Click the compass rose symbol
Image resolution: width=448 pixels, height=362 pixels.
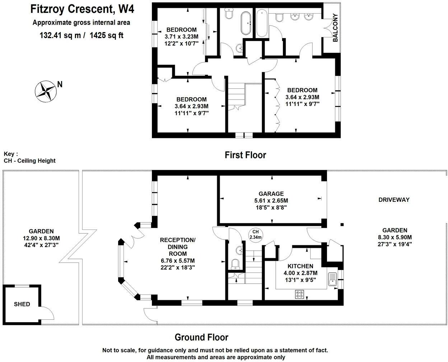[x=46, y=92]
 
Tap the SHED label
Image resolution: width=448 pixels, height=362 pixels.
[x=22, y=304]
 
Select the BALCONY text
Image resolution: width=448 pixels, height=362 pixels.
[x=335, y=28]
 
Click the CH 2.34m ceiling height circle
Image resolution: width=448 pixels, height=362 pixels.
[x=256, y=235]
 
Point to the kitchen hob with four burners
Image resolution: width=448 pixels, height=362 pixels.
[x=299, y=294]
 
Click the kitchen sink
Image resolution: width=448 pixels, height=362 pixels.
[x=332, y=279]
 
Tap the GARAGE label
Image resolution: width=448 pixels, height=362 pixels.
[x=271, y=194]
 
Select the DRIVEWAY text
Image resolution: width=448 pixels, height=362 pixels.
[x=394, y=200]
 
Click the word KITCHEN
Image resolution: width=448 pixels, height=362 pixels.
[x=300, y=266]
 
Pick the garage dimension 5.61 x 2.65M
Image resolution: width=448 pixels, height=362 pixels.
[x=271, y=201]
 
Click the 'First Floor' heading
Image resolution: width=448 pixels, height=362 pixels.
[x=246, y=155]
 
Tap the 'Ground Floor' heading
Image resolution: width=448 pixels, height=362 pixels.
[x=201, y=337]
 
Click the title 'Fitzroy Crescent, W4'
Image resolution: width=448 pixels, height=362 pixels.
[x=82, y=9]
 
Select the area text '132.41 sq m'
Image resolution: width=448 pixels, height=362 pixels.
[x=60, y=35]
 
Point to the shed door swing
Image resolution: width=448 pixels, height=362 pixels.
[x=48, y=314]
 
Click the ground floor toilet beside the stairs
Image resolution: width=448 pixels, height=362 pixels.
[x=235, y=264]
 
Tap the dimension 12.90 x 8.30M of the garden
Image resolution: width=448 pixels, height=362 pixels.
[x=41, y=238]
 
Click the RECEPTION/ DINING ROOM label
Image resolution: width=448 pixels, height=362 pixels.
[x=178, y=247]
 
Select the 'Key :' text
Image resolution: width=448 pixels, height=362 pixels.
[x=11, y=154]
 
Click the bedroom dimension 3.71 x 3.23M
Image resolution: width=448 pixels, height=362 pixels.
[x=181, y=37]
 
